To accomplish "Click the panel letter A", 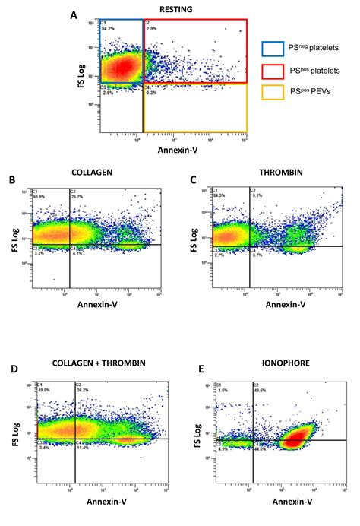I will [74, 14].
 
